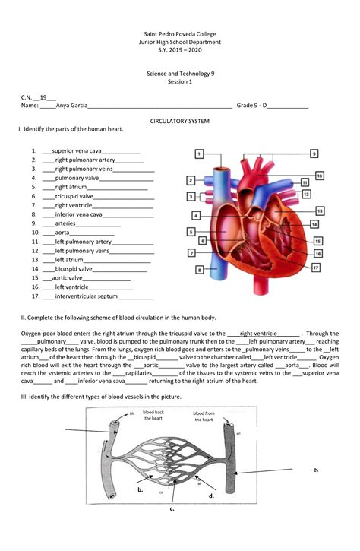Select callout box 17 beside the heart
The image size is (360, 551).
click(x=314, y=268)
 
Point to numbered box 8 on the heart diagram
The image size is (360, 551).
click(x=199, y=269)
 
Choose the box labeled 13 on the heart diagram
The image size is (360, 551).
click(x=320, y=211)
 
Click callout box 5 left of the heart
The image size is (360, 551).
click(x=191, y=231)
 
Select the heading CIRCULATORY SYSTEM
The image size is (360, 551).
click(x=180, y=122)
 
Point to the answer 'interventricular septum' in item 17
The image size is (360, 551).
click(x=86, y=296)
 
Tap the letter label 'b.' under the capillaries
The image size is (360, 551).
click(x=141, y=491)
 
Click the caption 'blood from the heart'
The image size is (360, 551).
click(x=203, y=416)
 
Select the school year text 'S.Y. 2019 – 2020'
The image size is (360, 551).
click(x=180, y=51)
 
